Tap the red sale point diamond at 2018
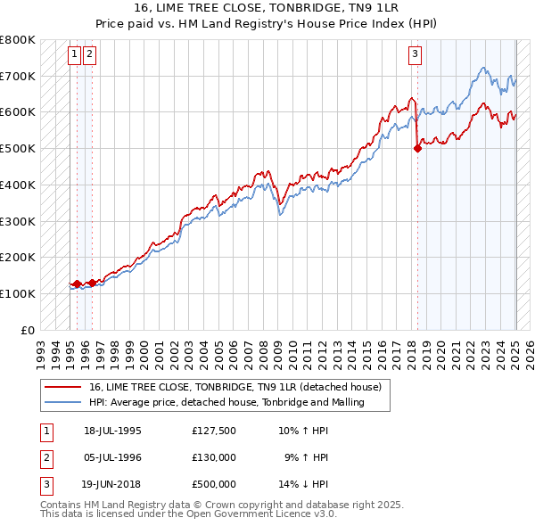(x=417, y=149)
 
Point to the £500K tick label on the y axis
(x=19, y=148)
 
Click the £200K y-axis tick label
(x=19, y=257)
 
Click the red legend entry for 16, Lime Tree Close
(x=235, y=387)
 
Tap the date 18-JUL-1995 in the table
(x=112, y=431)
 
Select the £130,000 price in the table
(x=214, y=457)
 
